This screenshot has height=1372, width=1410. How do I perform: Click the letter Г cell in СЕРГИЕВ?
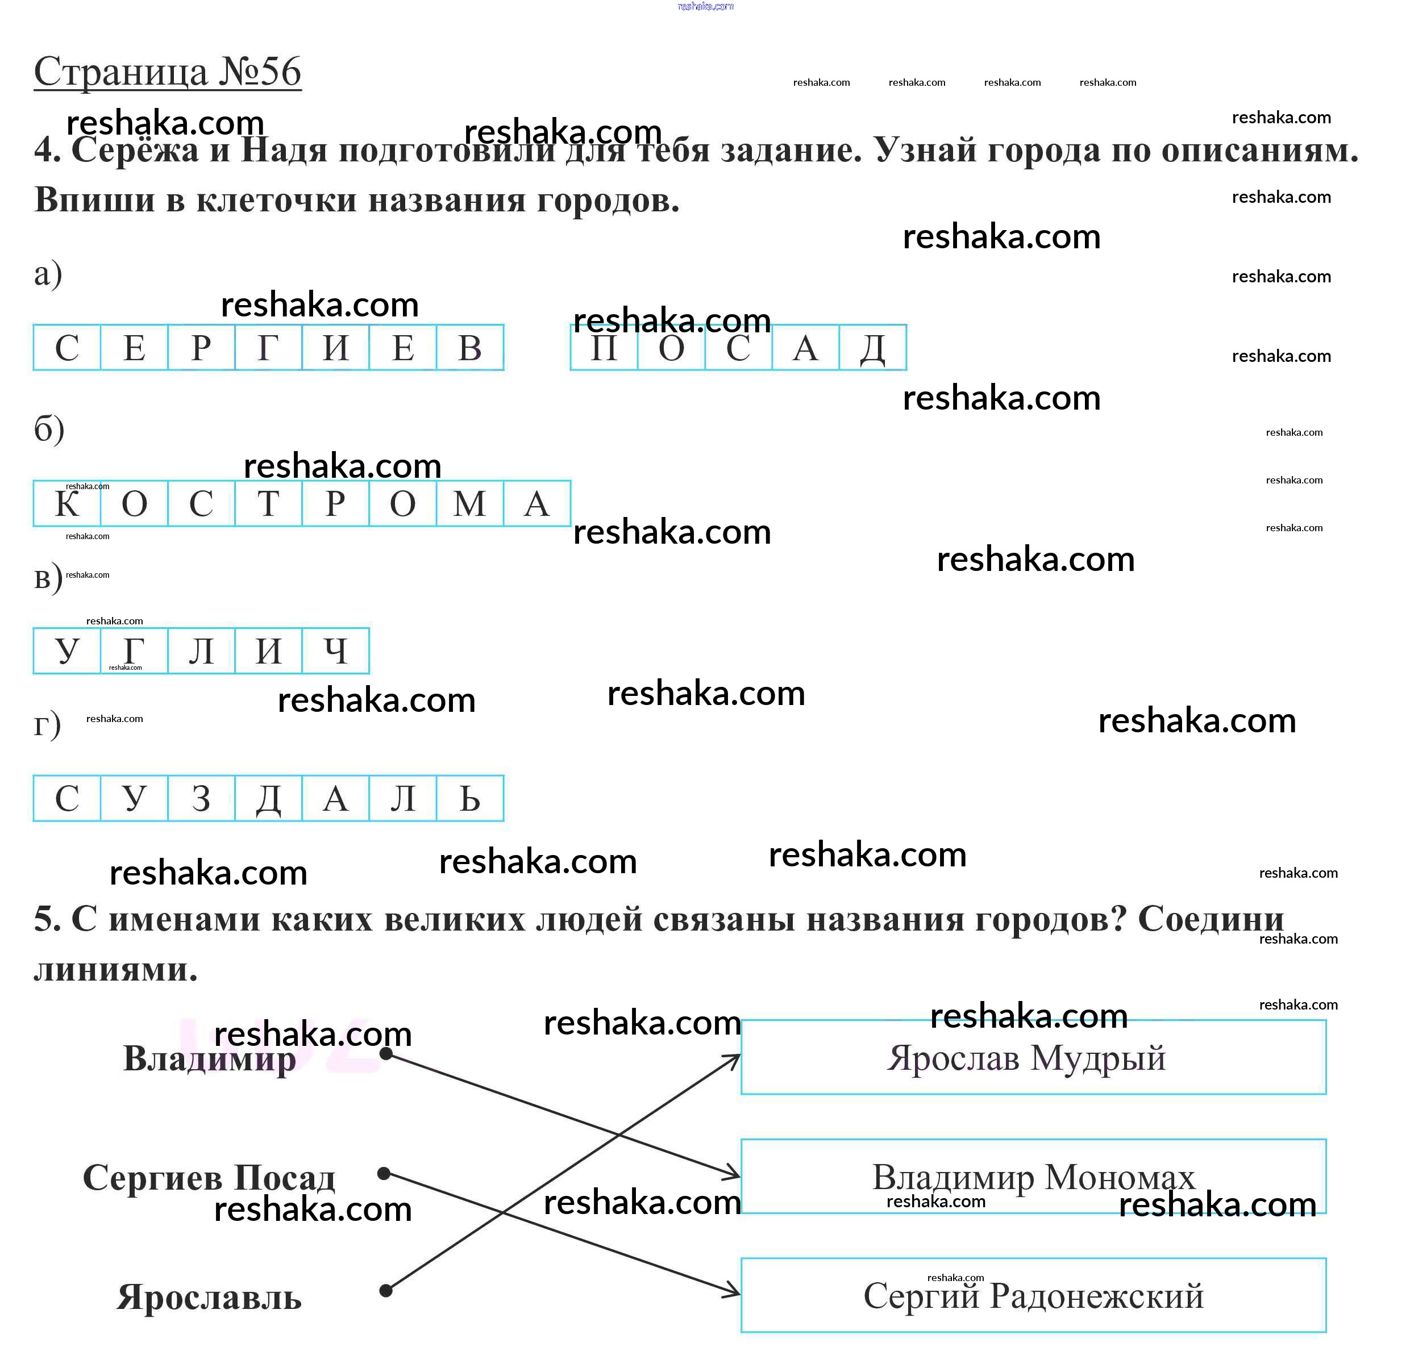[268, 347]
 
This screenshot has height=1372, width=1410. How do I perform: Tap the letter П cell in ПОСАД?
[604, 347]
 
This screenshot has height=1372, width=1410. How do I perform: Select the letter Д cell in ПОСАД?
[873, 347]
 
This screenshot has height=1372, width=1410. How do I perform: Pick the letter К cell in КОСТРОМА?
[67, 503]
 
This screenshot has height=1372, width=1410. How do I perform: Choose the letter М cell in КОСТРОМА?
[470, 503]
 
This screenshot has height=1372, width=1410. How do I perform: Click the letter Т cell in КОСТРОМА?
[268, 503]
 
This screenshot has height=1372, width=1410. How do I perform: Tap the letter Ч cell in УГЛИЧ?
[336, 650]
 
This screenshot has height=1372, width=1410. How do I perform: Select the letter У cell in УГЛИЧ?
[67, 650]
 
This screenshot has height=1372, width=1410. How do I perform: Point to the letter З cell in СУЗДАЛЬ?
[201, 798]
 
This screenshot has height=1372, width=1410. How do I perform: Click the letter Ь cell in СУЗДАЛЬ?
[470, 798]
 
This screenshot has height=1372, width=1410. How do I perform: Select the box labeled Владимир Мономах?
[1034, 1177]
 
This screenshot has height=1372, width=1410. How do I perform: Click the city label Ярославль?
[209, 1297]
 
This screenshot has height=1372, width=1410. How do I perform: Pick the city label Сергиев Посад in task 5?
[209, 1178]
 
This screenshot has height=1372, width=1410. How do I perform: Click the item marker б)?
[49, 429]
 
